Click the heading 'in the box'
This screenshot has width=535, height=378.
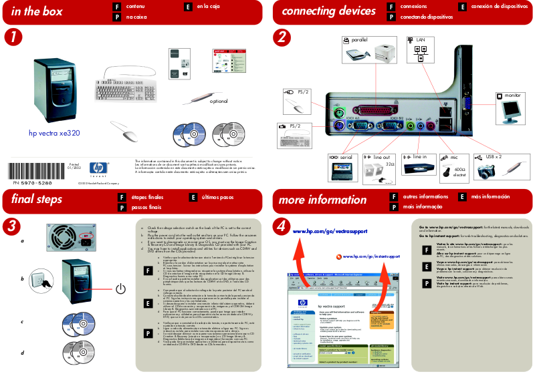(x=37, y=11)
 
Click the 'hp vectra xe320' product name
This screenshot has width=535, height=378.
(x=54, y=134)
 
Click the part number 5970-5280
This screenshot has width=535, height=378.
(x=34, y=182)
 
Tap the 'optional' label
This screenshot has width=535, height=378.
(x=219, y=102)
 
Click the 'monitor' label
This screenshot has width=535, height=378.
(x=513, y=96)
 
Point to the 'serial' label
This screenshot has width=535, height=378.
(x=345, y=158)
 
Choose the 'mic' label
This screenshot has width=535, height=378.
(x=454, y=158)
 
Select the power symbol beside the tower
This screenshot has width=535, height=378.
(x=119, y=289)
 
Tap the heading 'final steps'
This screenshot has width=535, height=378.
(x=37, y=199)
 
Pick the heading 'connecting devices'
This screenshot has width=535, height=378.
(x=319, y=11)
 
